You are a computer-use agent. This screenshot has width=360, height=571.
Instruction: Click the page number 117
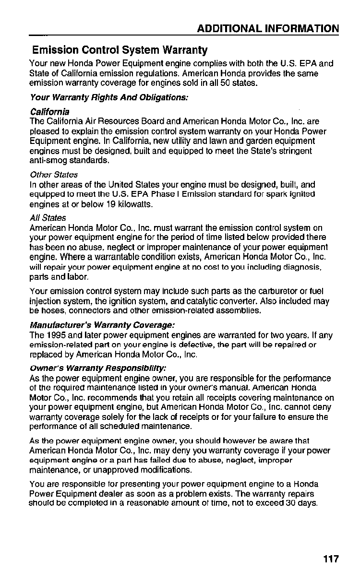click(x=331, y=559)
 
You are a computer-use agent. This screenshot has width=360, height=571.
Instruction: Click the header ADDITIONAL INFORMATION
click(x=268, y=28)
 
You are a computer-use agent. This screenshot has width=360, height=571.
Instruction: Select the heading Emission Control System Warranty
click(x=120, y=50)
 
